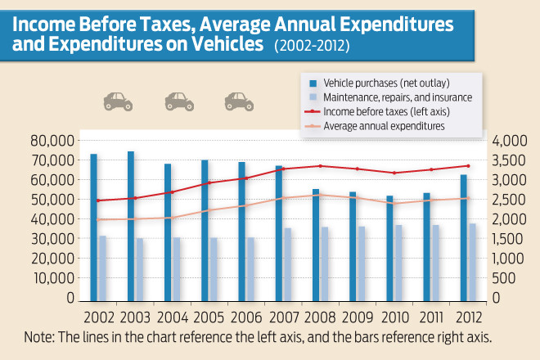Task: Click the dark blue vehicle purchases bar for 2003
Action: [131, 226]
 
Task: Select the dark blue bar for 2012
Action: [464, 237]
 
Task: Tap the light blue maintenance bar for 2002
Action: [102, 268]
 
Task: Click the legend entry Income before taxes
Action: [385, 112]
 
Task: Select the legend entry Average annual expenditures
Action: [384, 127]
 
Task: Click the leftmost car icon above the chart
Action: [117, 101]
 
